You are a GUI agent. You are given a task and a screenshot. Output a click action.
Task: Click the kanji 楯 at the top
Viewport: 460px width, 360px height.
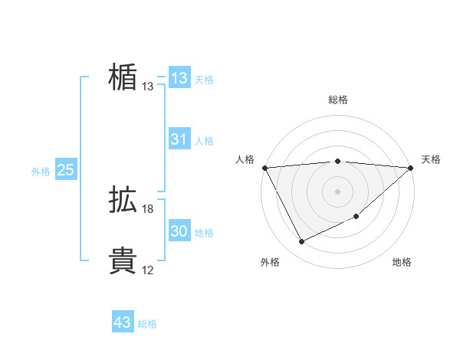click(x=123, y=77)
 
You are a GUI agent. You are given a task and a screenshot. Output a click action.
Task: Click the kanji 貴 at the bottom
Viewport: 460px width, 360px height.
click(x=123, y=261)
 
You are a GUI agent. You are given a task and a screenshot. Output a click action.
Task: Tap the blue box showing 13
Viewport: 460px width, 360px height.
click(x=179, y=78)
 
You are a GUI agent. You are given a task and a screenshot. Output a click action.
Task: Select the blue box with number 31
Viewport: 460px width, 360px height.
click(x=179, y=139)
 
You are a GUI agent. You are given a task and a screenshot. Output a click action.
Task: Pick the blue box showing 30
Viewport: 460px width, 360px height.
click(x=179, y=231)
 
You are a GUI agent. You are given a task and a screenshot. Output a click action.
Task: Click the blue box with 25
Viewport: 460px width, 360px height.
click(x=65, y=170)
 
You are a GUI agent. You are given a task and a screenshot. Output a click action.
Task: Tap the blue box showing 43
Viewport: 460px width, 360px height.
click(x=122, y=322)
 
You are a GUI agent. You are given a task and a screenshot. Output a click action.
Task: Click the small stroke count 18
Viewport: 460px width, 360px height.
click(x=148, y=209)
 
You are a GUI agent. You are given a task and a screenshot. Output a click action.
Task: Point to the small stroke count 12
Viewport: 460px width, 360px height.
click(x=148, y=270)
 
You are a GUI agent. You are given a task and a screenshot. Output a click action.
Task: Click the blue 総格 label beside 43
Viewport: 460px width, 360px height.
click(x=147, y=324)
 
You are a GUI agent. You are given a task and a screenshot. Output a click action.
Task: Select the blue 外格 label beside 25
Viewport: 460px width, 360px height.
click(x=41, y=172)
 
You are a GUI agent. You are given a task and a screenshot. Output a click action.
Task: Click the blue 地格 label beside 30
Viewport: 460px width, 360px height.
click(x=204, y=233)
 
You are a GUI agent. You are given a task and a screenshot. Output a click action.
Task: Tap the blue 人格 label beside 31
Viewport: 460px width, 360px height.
click(x=204, y=141)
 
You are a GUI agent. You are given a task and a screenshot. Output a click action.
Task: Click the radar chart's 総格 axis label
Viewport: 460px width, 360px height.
click(x=338, y=100)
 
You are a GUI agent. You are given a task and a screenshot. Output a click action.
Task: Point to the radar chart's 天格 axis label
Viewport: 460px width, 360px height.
click(x=431, y=159)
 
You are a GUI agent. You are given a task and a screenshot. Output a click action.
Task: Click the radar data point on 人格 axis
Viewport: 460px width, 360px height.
click(x=264, y=167)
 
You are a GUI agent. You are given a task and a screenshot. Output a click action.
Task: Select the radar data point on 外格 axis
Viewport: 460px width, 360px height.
click(x=301, y=242)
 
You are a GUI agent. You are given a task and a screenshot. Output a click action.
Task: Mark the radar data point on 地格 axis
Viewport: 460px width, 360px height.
click(x=357, y=218)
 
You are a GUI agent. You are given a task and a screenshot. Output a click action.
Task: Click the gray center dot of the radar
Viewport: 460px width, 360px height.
click(x=338, y=191)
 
